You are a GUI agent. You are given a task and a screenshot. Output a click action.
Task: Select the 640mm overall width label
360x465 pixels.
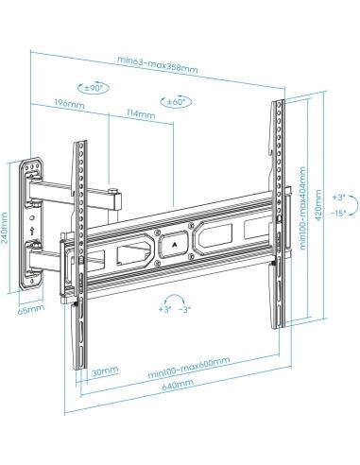[175, 383]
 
